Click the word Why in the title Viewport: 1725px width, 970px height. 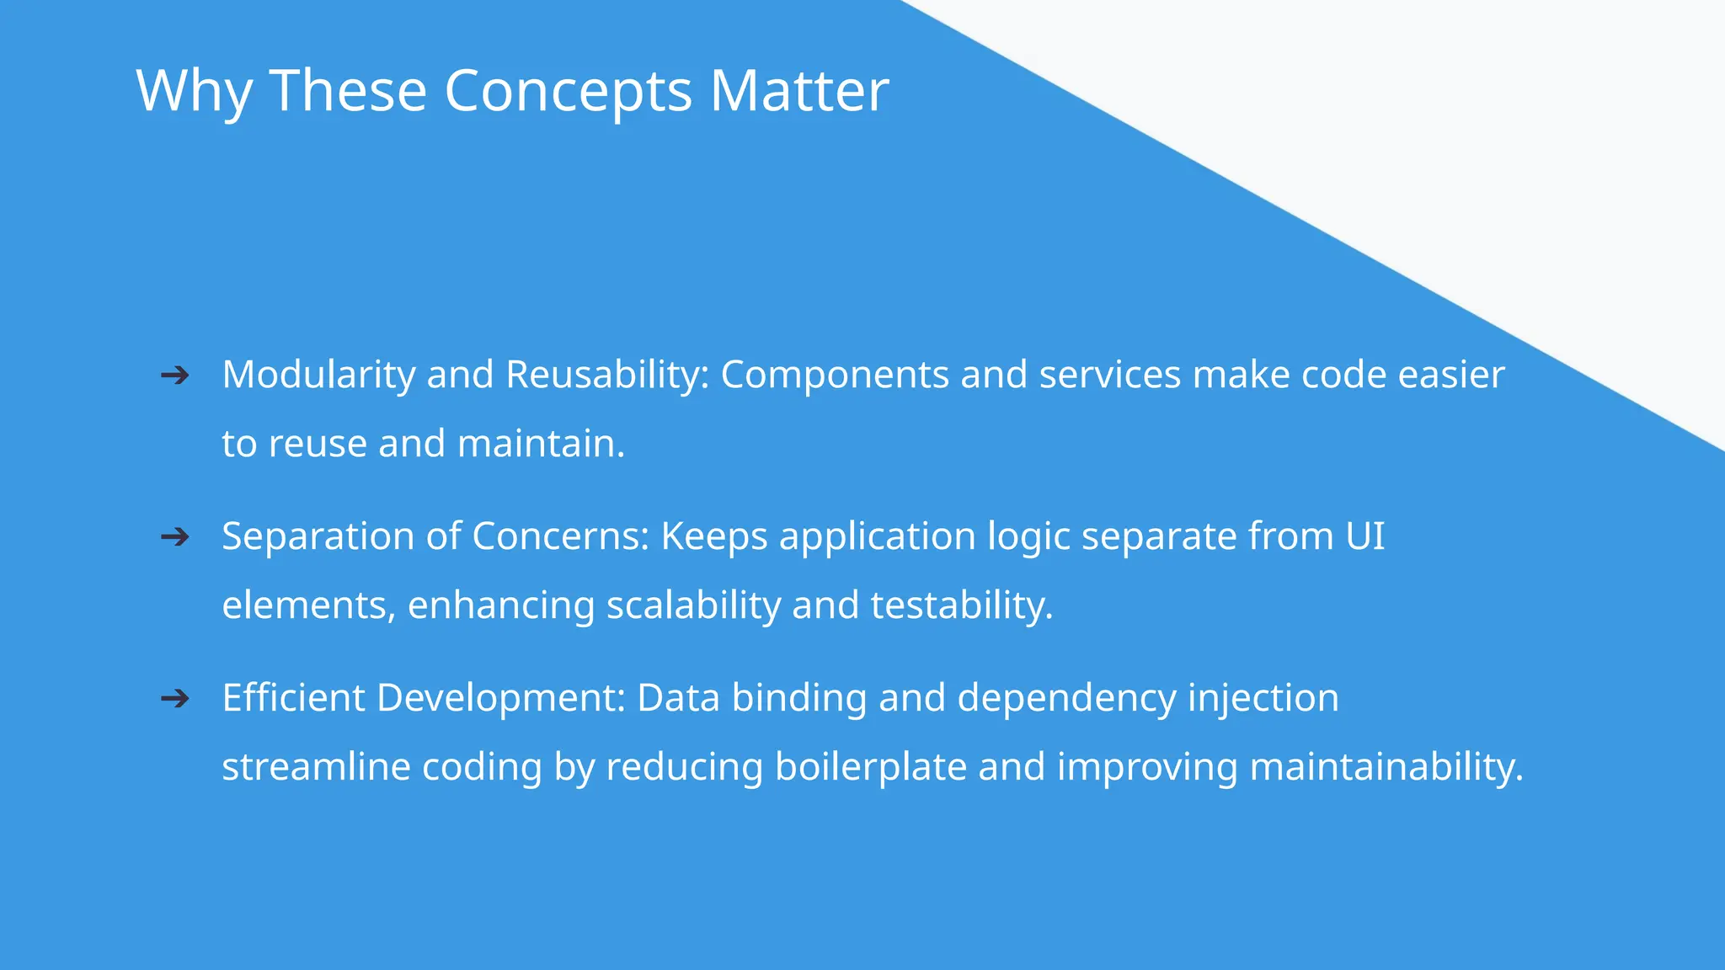(194, 90)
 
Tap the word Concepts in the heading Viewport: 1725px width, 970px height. (568, 90)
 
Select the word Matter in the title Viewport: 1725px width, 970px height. (798, 90)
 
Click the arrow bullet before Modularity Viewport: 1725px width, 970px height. (174, 376)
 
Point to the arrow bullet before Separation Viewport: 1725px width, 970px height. (174, 537)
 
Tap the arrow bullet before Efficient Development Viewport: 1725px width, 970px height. (174, 699)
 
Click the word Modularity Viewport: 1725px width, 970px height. (318, 375)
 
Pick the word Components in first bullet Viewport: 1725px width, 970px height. (835, 375)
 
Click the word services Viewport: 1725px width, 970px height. (1109, 375)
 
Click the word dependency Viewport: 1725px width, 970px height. (1066, 698)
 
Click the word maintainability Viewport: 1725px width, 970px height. (1386, 767)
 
